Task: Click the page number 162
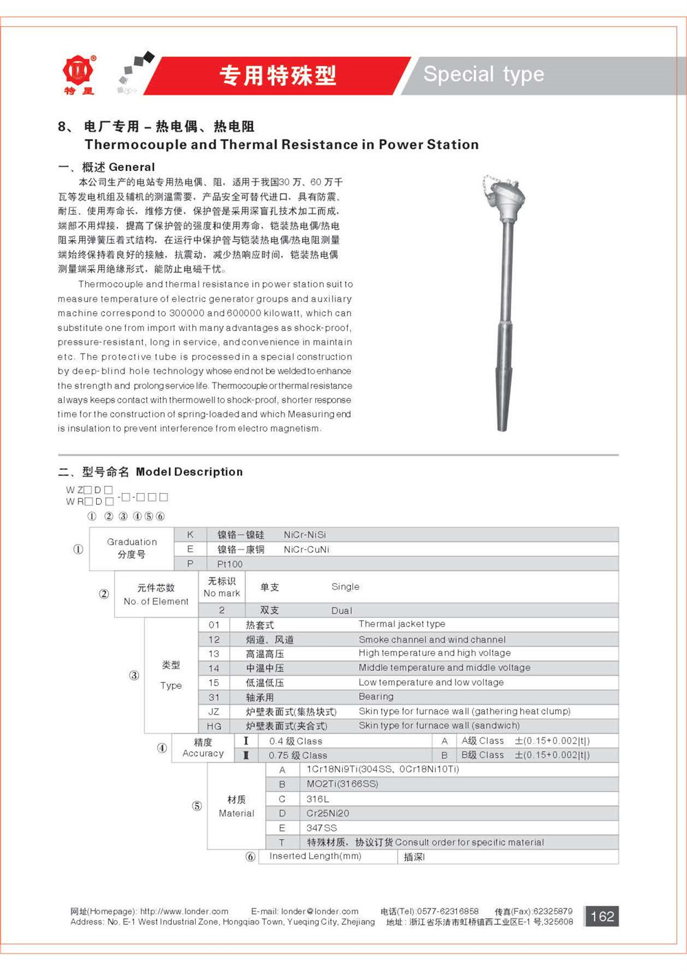coord(602,916)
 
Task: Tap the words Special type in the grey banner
coord(484,74)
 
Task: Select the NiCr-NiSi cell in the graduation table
coord(305,534)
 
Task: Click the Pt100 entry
coord(230,564)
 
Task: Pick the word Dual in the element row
coord(341,610)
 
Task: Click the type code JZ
coord(214,711)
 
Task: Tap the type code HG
coord(214,726)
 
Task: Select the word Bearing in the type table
coord(376,696)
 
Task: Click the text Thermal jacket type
coord(401,624)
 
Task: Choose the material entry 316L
coord(317,799)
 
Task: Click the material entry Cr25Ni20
coord(328,813)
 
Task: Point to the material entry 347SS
coord(322,827)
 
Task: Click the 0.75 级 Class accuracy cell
coord(297,755)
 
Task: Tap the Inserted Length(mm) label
coord(315,856)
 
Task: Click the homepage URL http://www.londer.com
coord(184,911)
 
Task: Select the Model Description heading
coord(189,472)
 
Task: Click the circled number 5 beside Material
coord(196,806)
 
